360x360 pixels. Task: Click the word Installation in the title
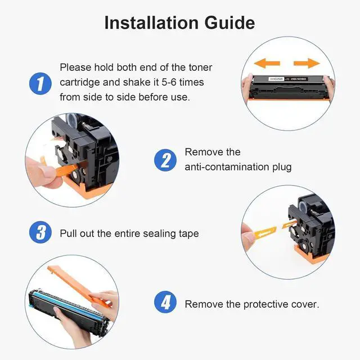point(151,22)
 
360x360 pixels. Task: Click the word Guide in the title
point(229,22)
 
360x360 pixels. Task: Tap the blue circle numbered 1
point(40,84)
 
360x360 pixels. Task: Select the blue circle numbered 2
point(165,160)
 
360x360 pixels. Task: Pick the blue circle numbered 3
point(40,232)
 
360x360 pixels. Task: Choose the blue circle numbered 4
point(165,302)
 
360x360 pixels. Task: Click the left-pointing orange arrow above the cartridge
point(267,63)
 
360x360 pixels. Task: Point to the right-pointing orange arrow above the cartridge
point(307,63)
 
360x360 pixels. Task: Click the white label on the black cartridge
point(276,79)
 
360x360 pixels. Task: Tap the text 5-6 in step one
point(169,82)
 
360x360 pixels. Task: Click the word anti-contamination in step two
point(227,167)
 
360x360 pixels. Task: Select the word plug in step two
point(282,168)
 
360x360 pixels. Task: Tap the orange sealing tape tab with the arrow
point(265,232)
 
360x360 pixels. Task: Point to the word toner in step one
point(200,67)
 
